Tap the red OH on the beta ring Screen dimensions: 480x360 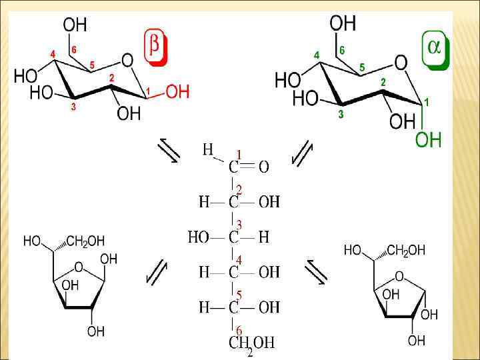pyautogui.click(x=177, y=92)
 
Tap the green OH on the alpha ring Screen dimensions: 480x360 pyautogui.click(x=428, y=139)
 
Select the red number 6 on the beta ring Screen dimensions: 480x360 pyautogui.click(x=74, y=49)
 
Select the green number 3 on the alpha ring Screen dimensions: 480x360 pyautogui.click(x=341, y=115)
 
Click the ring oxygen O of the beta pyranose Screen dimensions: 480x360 pyautogui.click(x=127, y=61)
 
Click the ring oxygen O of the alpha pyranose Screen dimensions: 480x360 pyautogui.click(x=401, y=63)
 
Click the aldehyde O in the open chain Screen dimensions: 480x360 pyautogui.click(x=264, y=167)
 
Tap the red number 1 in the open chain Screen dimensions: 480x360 pyautogui.click(x=238, y=155)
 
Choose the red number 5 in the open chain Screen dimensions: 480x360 pyautogui.click(x=238, y=295)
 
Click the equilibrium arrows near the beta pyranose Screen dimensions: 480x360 pyautogui.click(x=169, y=152)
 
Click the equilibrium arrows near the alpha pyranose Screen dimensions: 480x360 pyautogui.click(x=303, y=153)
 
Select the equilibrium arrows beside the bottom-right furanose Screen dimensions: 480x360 pyautogui.click(x=315, y=271)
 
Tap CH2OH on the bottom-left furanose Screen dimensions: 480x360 pyautogui.click(x=86, y=241)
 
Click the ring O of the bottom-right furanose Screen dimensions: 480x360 pyautogui.click(x=399, y=276)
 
